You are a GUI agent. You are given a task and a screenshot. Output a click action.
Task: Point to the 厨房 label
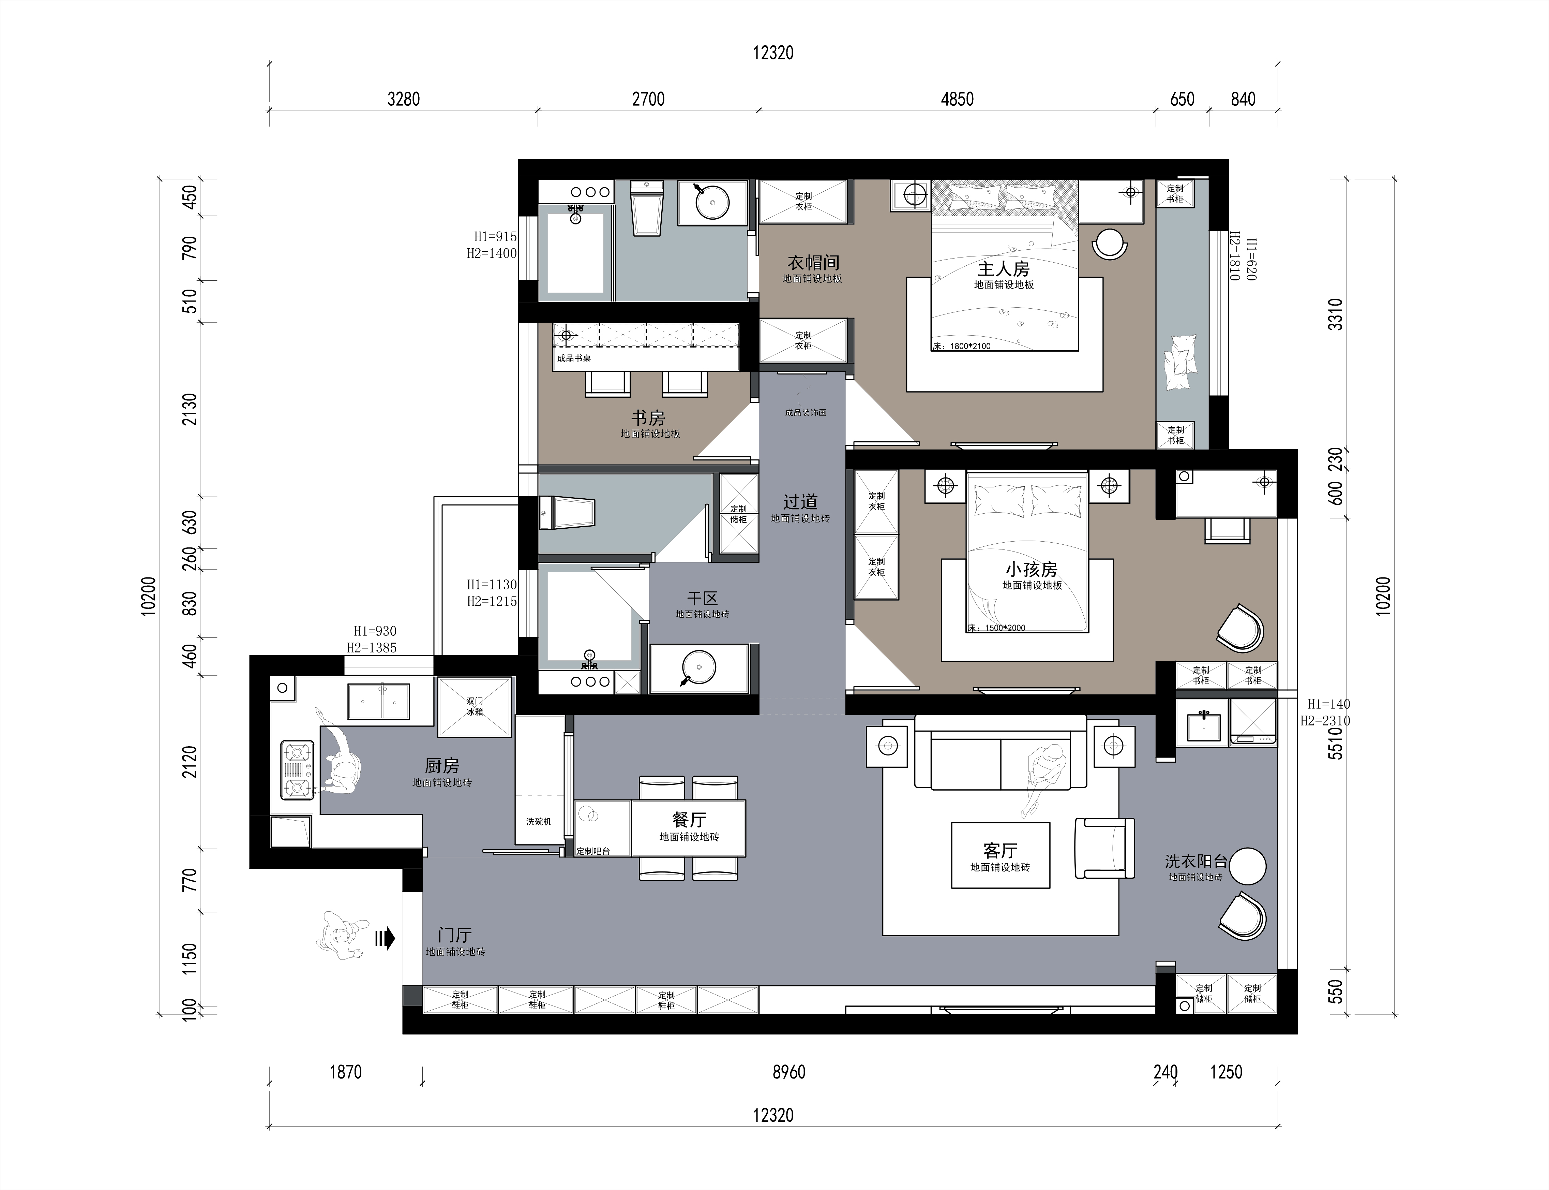tap(442, 766)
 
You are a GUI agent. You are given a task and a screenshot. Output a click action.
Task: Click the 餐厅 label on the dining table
tap(689, 820)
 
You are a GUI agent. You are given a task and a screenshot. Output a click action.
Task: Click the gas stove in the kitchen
tap(297, 770)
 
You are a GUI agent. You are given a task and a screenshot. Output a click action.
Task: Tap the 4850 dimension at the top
tap(957, 99)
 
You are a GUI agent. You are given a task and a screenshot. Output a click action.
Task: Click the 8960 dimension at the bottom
tap(789, 1072)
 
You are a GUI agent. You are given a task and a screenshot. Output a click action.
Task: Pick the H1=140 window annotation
tap(1328, 704)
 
